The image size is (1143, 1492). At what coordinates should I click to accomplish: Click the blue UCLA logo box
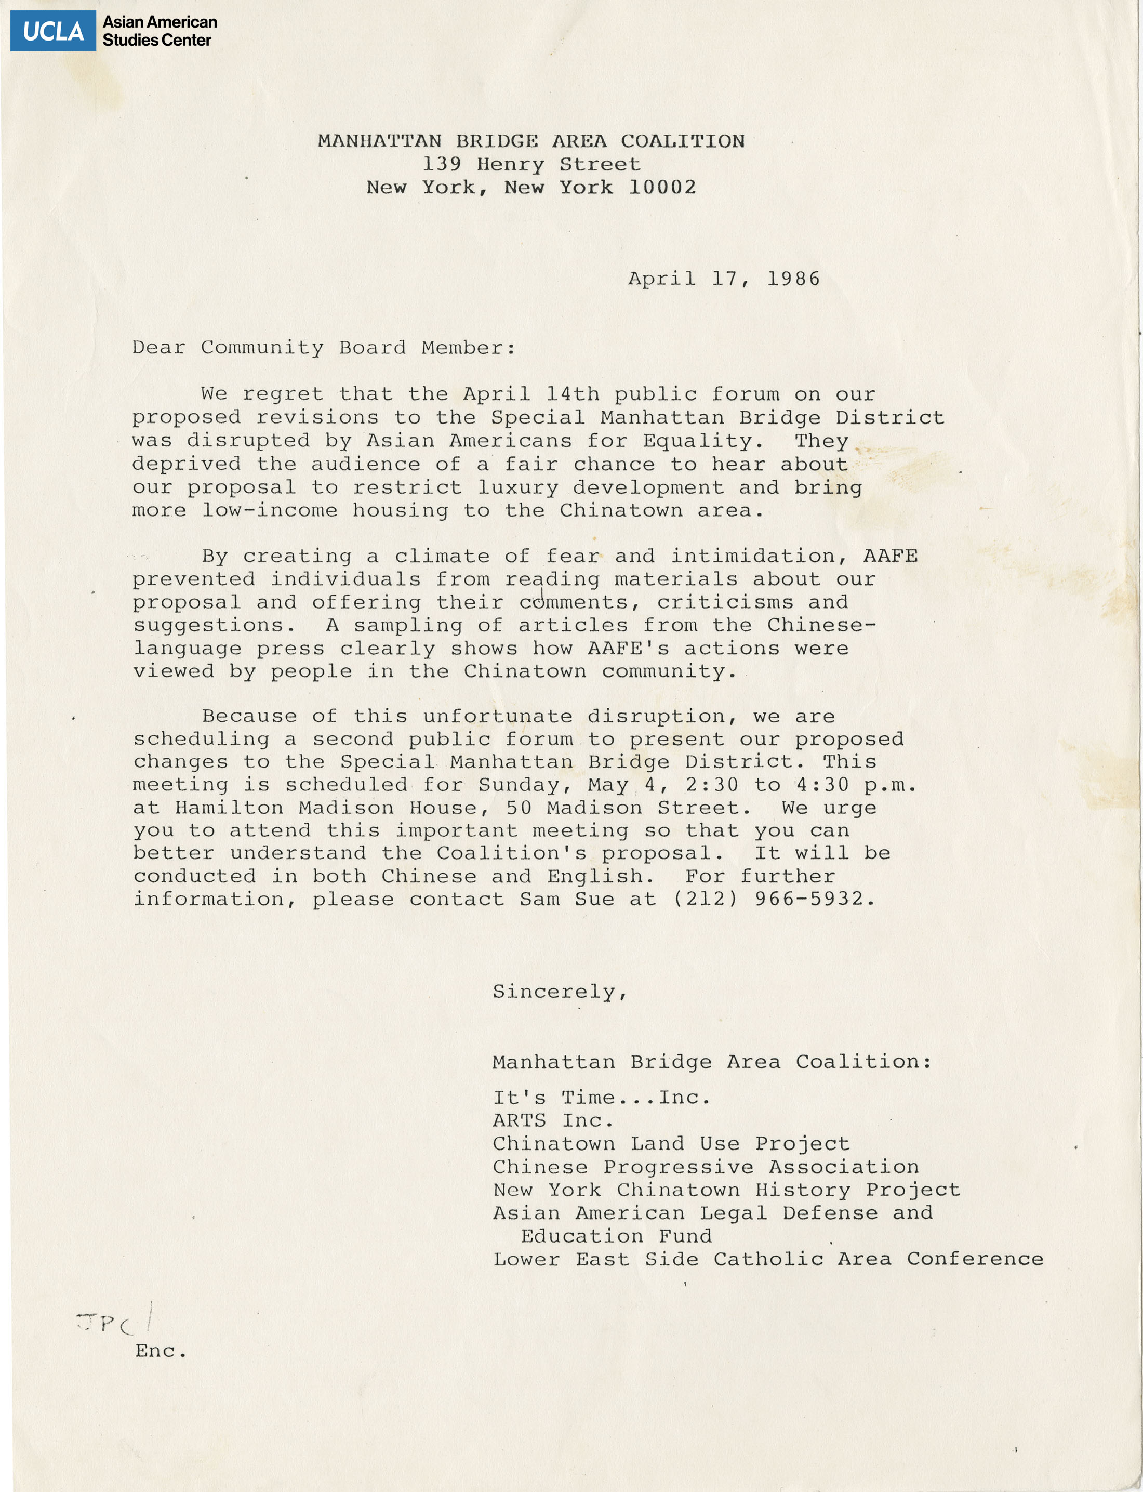[53, 31]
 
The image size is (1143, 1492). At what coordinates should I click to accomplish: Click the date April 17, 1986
[724, 279]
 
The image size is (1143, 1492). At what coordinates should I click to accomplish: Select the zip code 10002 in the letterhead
[662, 187]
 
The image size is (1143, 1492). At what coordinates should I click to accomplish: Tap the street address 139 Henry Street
[531, 164]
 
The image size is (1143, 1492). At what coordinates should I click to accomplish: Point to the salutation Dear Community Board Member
[323, 348]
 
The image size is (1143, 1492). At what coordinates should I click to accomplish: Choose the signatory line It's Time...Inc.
[602, 1098]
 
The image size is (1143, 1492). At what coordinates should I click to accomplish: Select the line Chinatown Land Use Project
[671, 1144]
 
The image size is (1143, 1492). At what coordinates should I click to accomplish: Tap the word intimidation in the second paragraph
[753, 556]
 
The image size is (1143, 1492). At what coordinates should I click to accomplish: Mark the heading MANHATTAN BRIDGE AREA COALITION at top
[531, 141]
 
